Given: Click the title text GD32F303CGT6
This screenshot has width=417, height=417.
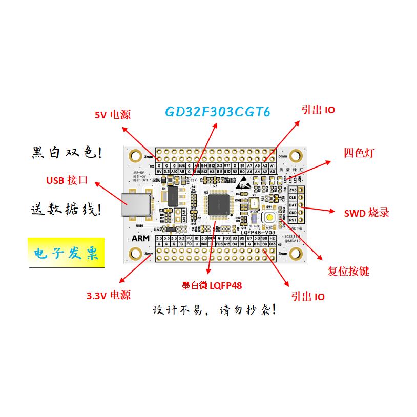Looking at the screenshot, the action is coord(217,112).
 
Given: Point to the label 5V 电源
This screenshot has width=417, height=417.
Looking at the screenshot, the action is coord(113,115).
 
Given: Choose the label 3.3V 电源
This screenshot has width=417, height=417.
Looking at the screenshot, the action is coord(108,295).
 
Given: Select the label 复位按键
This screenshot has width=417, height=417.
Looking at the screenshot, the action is coord(348,271).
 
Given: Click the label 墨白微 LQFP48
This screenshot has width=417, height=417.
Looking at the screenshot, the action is coord(212,286).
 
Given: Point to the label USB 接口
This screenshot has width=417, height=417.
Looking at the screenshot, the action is coord(67,180).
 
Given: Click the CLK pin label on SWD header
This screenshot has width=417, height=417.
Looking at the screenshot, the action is coord(293,197).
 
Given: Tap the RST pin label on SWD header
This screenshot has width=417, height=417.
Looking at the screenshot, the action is coord(293,220).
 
